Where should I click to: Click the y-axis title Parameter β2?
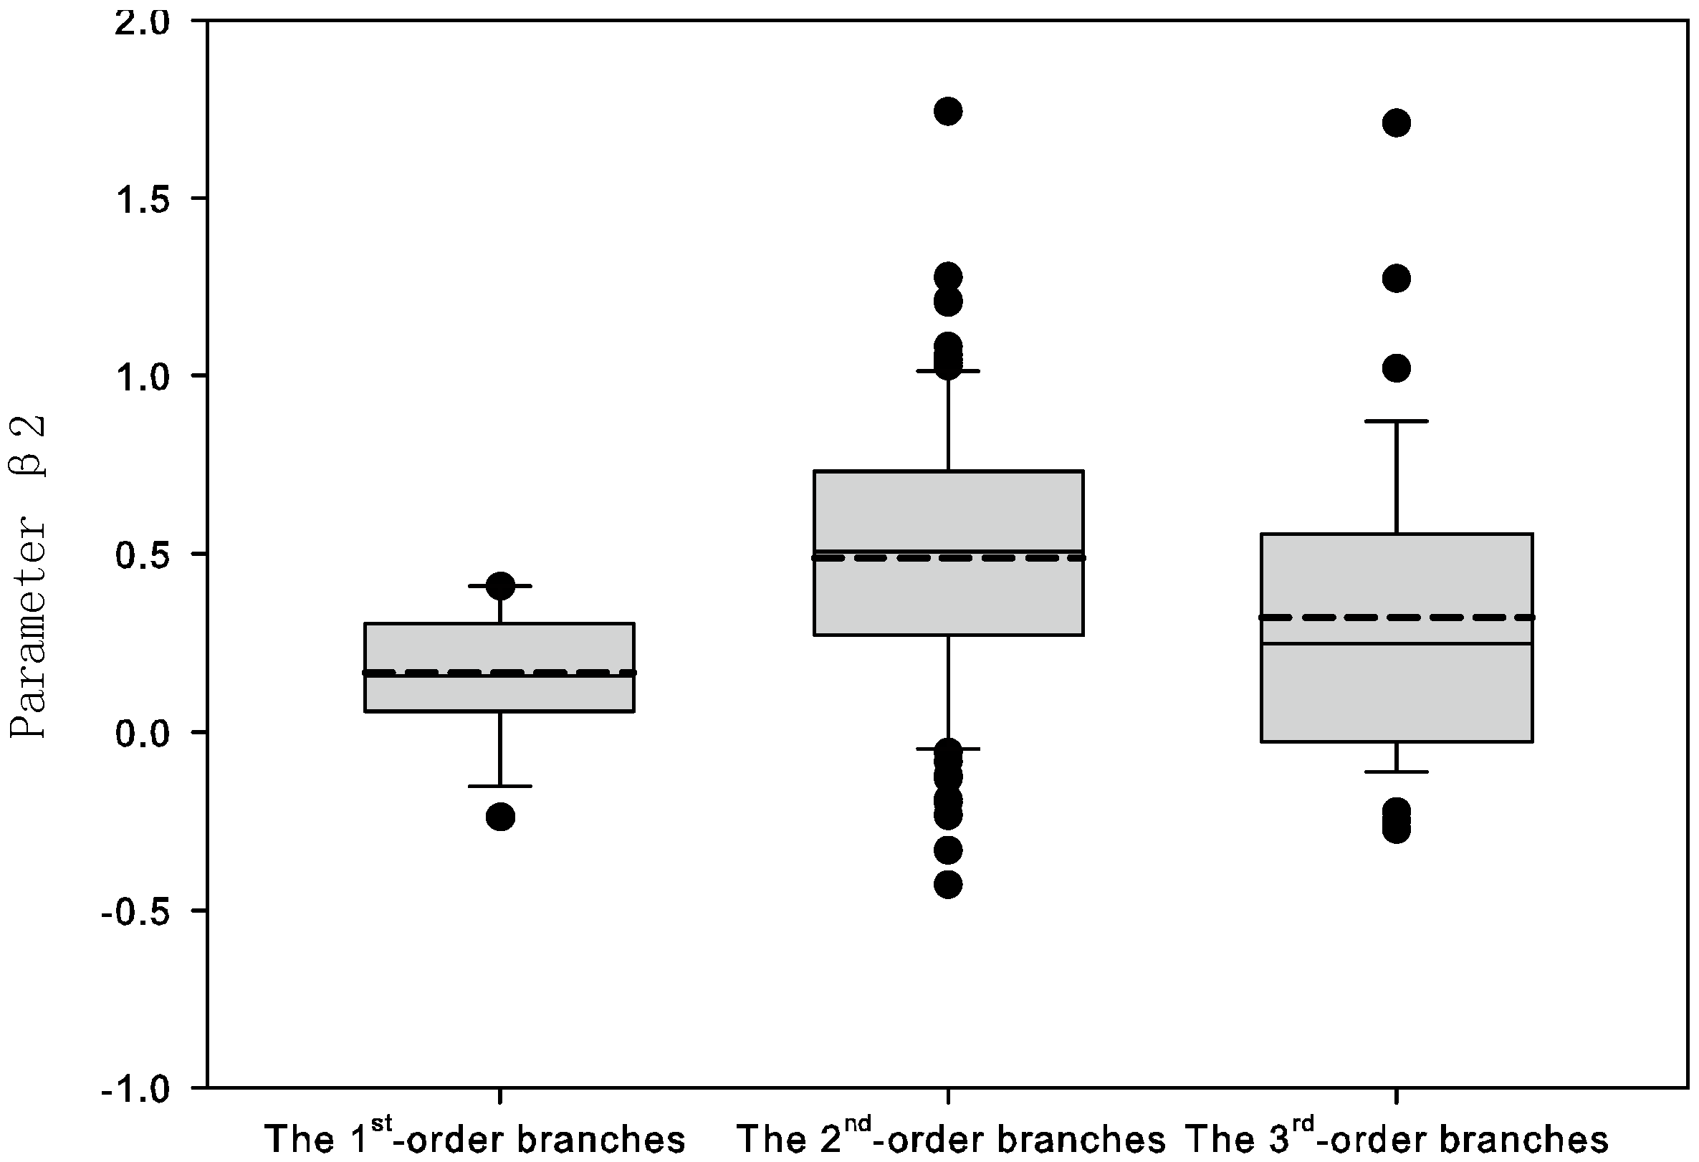click(28, 577)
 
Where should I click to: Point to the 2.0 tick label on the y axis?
click(143, 22)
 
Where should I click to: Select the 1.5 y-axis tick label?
click(143, 198)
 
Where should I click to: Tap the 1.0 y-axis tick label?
click(143, 376)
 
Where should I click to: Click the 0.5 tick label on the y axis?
click(143, 554)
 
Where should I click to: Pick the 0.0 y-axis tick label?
click(143, 732)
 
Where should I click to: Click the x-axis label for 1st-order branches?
click(475, 1137)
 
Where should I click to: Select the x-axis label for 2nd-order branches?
click(950, 1137)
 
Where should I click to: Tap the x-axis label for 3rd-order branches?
click(1397, 1137)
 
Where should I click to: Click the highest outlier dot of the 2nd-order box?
click(948, 111)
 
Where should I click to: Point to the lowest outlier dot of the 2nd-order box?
click(948, 885)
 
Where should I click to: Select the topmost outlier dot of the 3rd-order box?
click(1397, 123)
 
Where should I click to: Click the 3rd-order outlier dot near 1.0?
click(1397, 368)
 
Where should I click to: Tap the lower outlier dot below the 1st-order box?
click(500, 816)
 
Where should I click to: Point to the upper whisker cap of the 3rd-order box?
click(1397, 422)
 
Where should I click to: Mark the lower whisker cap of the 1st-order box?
click(500, 787)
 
